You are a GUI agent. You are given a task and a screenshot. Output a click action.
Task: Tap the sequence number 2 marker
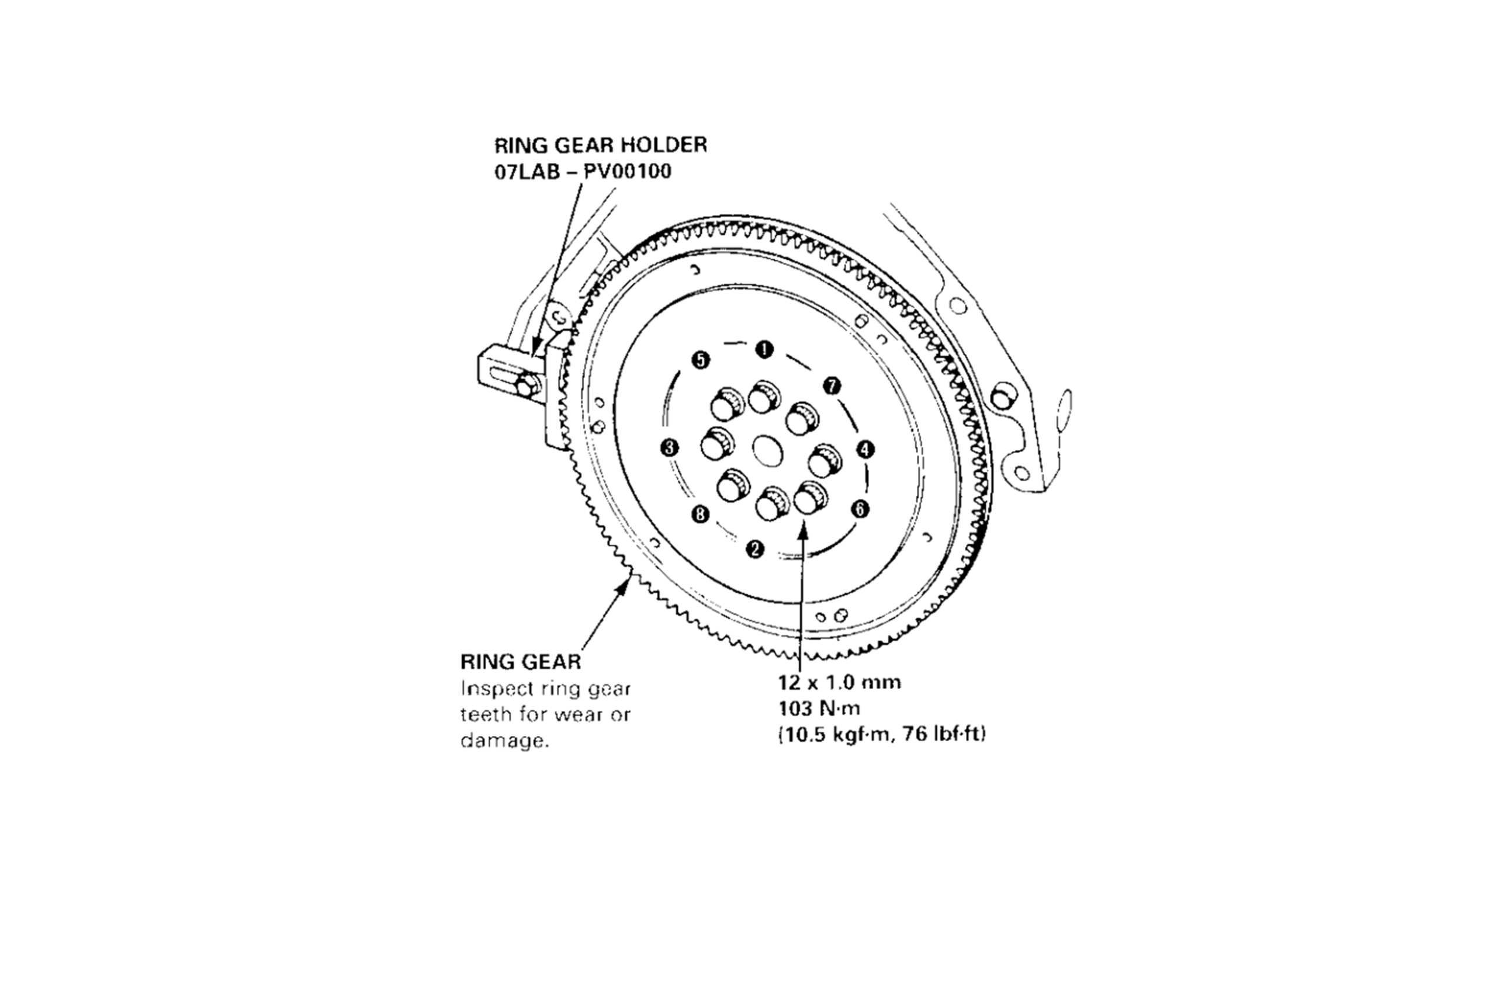click(755, 549)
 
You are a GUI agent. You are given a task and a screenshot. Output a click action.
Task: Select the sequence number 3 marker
click(669, 447)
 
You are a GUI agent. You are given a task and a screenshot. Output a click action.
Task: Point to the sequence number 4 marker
click(864, 450)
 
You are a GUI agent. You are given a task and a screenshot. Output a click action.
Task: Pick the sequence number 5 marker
click(699, 360)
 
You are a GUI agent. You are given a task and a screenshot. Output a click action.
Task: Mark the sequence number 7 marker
click(832, 385)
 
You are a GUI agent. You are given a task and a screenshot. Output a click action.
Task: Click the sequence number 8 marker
click(699, 514)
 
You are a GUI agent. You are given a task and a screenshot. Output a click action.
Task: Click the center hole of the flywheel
click(767, 450)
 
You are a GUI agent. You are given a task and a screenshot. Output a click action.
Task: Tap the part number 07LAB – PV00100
click(583, 172)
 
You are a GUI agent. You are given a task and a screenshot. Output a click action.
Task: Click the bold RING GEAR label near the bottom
click(520, 662)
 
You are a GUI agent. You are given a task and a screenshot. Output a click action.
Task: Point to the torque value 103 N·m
click(819, 708)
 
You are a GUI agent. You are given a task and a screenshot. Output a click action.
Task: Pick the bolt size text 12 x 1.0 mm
click(840, 682)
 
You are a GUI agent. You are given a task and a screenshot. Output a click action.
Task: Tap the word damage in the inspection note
click(504, 741)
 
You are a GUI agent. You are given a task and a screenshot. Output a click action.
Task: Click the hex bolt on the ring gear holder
click(526, 386)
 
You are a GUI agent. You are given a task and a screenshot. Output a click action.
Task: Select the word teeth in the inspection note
click(484, 715)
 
